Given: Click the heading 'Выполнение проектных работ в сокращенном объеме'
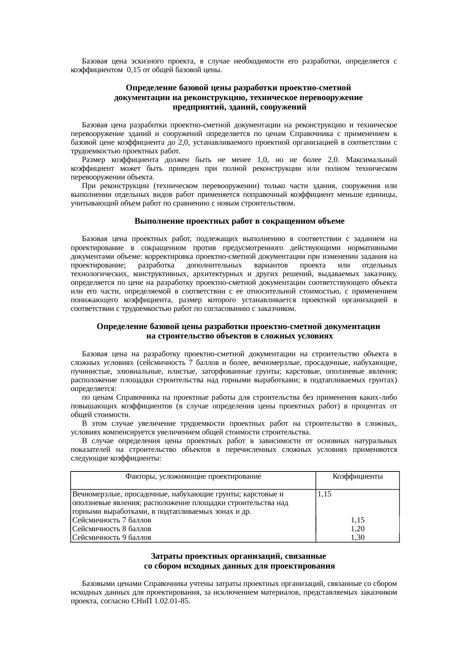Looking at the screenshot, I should click(239, 221).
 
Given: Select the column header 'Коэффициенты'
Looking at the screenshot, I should click(357, 476).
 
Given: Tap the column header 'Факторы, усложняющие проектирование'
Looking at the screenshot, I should click(193, 476).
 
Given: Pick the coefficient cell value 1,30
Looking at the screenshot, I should click(357, 537).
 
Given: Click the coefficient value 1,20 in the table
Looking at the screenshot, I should click(357, 529).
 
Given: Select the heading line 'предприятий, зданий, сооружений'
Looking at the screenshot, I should click(239, 107).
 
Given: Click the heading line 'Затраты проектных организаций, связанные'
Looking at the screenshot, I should click(239, 556).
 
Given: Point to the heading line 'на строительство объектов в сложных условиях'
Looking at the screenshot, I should click(239, 336).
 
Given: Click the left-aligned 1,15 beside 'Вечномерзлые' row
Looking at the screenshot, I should click(325, 494).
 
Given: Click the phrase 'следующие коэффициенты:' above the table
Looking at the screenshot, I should click(116, 458).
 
